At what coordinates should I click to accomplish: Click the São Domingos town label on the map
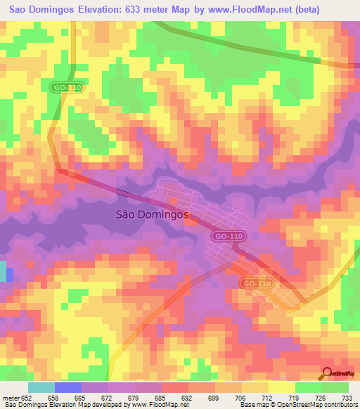pos(150,216)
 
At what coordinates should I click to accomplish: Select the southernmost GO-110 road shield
pos(255,283)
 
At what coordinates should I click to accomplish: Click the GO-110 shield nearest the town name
pos(226,237)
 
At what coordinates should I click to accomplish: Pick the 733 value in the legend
pos(347,397)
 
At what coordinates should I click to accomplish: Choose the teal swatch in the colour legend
pos(41,387)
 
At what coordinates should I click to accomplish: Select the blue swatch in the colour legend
pos(67,387)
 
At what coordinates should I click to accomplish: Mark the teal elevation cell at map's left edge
pos(3,271)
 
